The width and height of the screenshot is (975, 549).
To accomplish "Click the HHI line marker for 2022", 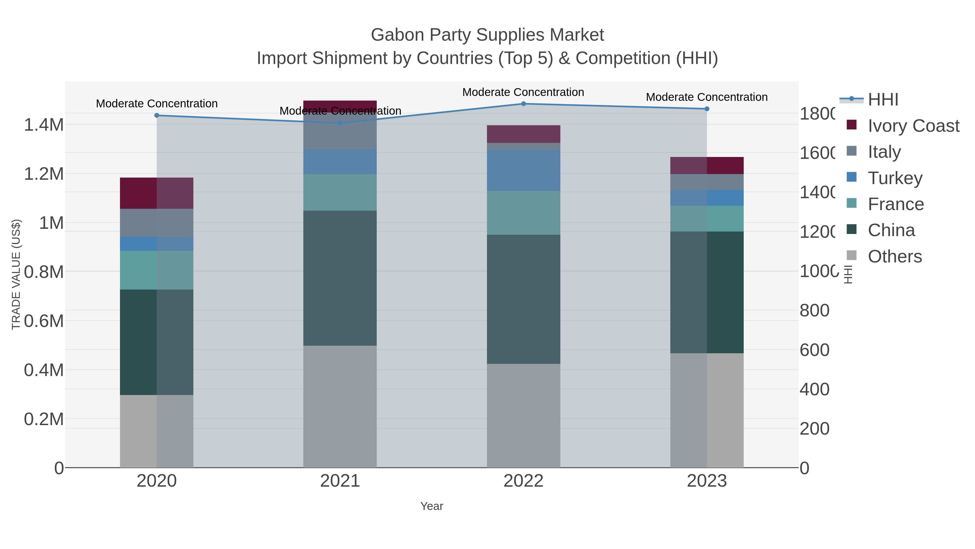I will (524, 104).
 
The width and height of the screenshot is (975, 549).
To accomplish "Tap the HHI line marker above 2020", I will (157, 115).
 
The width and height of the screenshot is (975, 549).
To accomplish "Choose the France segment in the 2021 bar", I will (340, 192).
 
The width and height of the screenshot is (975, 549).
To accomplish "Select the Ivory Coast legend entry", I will (913, 126).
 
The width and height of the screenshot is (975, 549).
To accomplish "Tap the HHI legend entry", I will (883, 99).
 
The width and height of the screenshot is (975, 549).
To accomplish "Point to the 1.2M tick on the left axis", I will (44, 174).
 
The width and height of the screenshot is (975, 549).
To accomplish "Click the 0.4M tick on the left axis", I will (44, 370).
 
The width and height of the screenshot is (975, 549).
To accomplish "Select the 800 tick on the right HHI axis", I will (814, 310).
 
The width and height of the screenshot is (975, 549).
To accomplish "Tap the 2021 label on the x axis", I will (340, 481).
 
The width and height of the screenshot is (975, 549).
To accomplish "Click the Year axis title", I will (431, 506).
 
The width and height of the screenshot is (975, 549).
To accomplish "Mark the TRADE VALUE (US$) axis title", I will (16, 274).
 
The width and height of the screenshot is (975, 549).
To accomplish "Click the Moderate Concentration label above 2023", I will (707, 97).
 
